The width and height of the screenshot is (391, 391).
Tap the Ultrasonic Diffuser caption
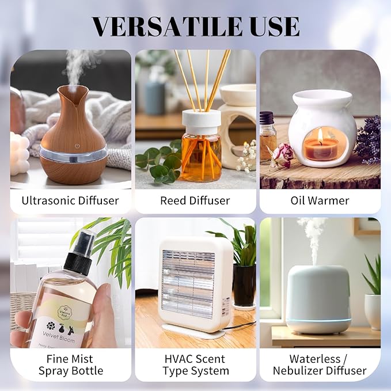tap(70, 201)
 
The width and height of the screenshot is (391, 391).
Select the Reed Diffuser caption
tap(195, 201)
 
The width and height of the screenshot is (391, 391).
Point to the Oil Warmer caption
tap(320, 201)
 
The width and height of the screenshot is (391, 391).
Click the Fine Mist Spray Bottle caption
tap(70, 364)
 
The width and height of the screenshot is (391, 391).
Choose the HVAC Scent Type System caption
tap(195, 364)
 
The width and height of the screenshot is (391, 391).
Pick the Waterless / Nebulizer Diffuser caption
tap(320, 364)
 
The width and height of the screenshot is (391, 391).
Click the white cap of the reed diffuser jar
tap(202, 119)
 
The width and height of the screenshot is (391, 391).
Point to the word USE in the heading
tap(274, 26)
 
